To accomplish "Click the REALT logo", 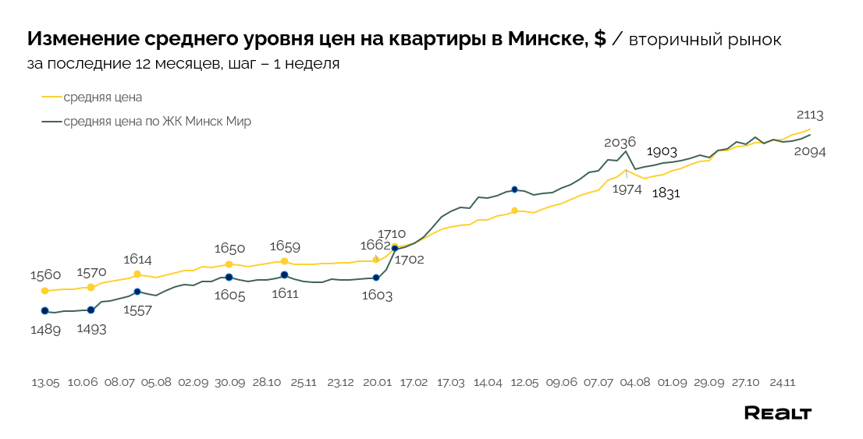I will [777, 413].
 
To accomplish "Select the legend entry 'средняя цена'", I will [102, 97].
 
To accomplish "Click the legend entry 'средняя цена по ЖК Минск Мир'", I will [157, 122].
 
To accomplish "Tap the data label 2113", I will [810, 115].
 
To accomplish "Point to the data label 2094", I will [809, 152].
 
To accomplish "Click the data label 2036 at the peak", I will [620, 142].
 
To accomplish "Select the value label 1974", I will [627, 188].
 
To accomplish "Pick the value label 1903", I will [662, 151].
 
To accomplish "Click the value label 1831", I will [666, 193].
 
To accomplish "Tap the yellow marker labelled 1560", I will [44, 291].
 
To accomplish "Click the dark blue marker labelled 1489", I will [44, 311].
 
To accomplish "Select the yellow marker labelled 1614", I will [137, 274].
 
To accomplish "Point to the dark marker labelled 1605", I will [229, 278].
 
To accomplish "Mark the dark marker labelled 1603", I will [376, 278].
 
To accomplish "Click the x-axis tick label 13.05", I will [45, 383].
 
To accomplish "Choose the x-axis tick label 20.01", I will [377, 383].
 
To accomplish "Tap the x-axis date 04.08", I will [635, 383].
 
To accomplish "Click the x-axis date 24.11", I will [782, 383].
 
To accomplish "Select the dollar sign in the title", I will [599, 39].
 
